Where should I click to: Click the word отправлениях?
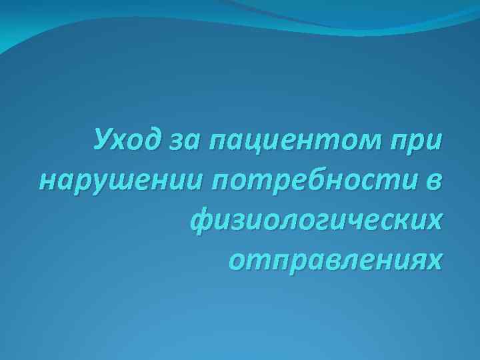click(x=334, y=257)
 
